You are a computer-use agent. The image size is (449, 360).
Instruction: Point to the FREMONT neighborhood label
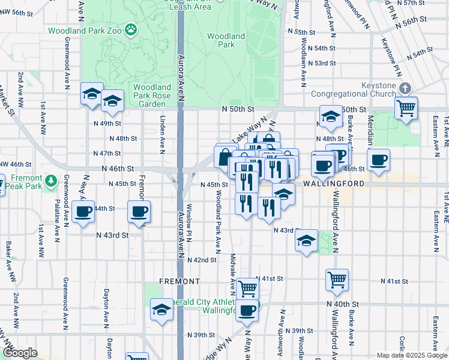pos(179,281)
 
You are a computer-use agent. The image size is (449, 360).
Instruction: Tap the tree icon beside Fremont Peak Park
pos(51,179)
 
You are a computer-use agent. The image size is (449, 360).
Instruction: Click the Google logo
pos(20,353)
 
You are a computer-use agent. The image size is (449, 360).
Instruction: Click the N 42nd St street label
pos(201,260)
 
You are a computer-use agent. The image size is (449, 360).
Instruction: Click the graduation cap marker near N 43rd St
pos(306,241)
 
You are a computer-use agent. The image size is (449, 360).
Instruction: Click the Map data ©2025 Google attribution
pos(411,355)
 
